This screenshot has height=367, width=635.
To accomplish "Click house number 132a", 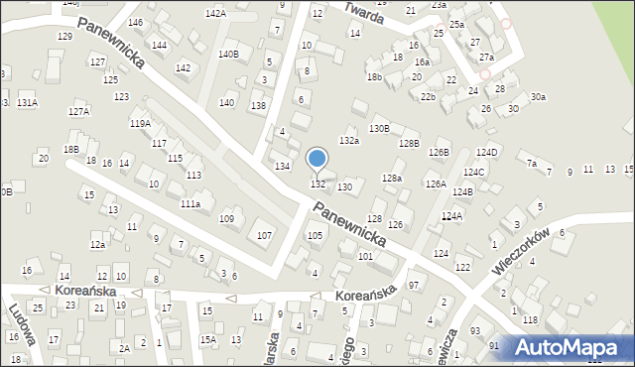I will click(x=348, y=141).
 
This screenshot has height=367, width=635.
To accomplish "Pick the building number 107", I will click(x=265, y=235).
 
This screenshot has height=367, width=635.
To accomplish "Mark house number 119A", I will click(x=140, y=124).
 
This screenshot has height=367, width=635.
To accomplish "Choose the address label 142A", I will click(x=215, y=13).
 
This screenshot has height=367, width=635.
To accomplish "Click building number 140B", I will click(x=228, y=54).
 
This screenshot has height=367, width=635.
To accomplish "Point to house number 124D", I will click(x=486, y=152).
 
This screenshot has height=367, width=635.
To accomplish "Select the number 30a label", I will click(x=538, y=96).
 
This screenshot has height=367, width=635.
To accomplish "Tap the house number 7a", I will click(x=532, y=163).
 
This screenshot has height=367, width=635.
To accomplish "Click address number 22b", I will click(x=428, y=97).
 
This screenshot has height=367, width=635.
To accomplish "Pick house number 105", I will click(x=315, y=235).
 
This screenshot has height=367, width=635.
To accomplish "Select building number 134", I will click(x=283, y=166).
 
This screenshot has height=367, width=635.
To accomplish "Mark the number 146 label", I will click(x=135, y=22).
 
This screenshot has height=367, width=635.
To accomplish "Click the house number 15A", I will click(x=207, y=339).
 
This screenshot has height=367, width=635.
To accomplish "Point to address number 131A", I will click(x=27, y=102).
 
